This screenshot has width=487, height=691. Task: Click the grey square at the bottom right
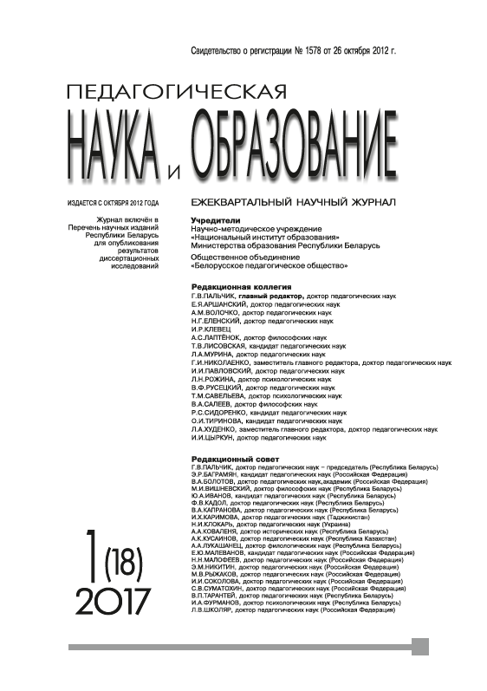coord(421,647)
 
